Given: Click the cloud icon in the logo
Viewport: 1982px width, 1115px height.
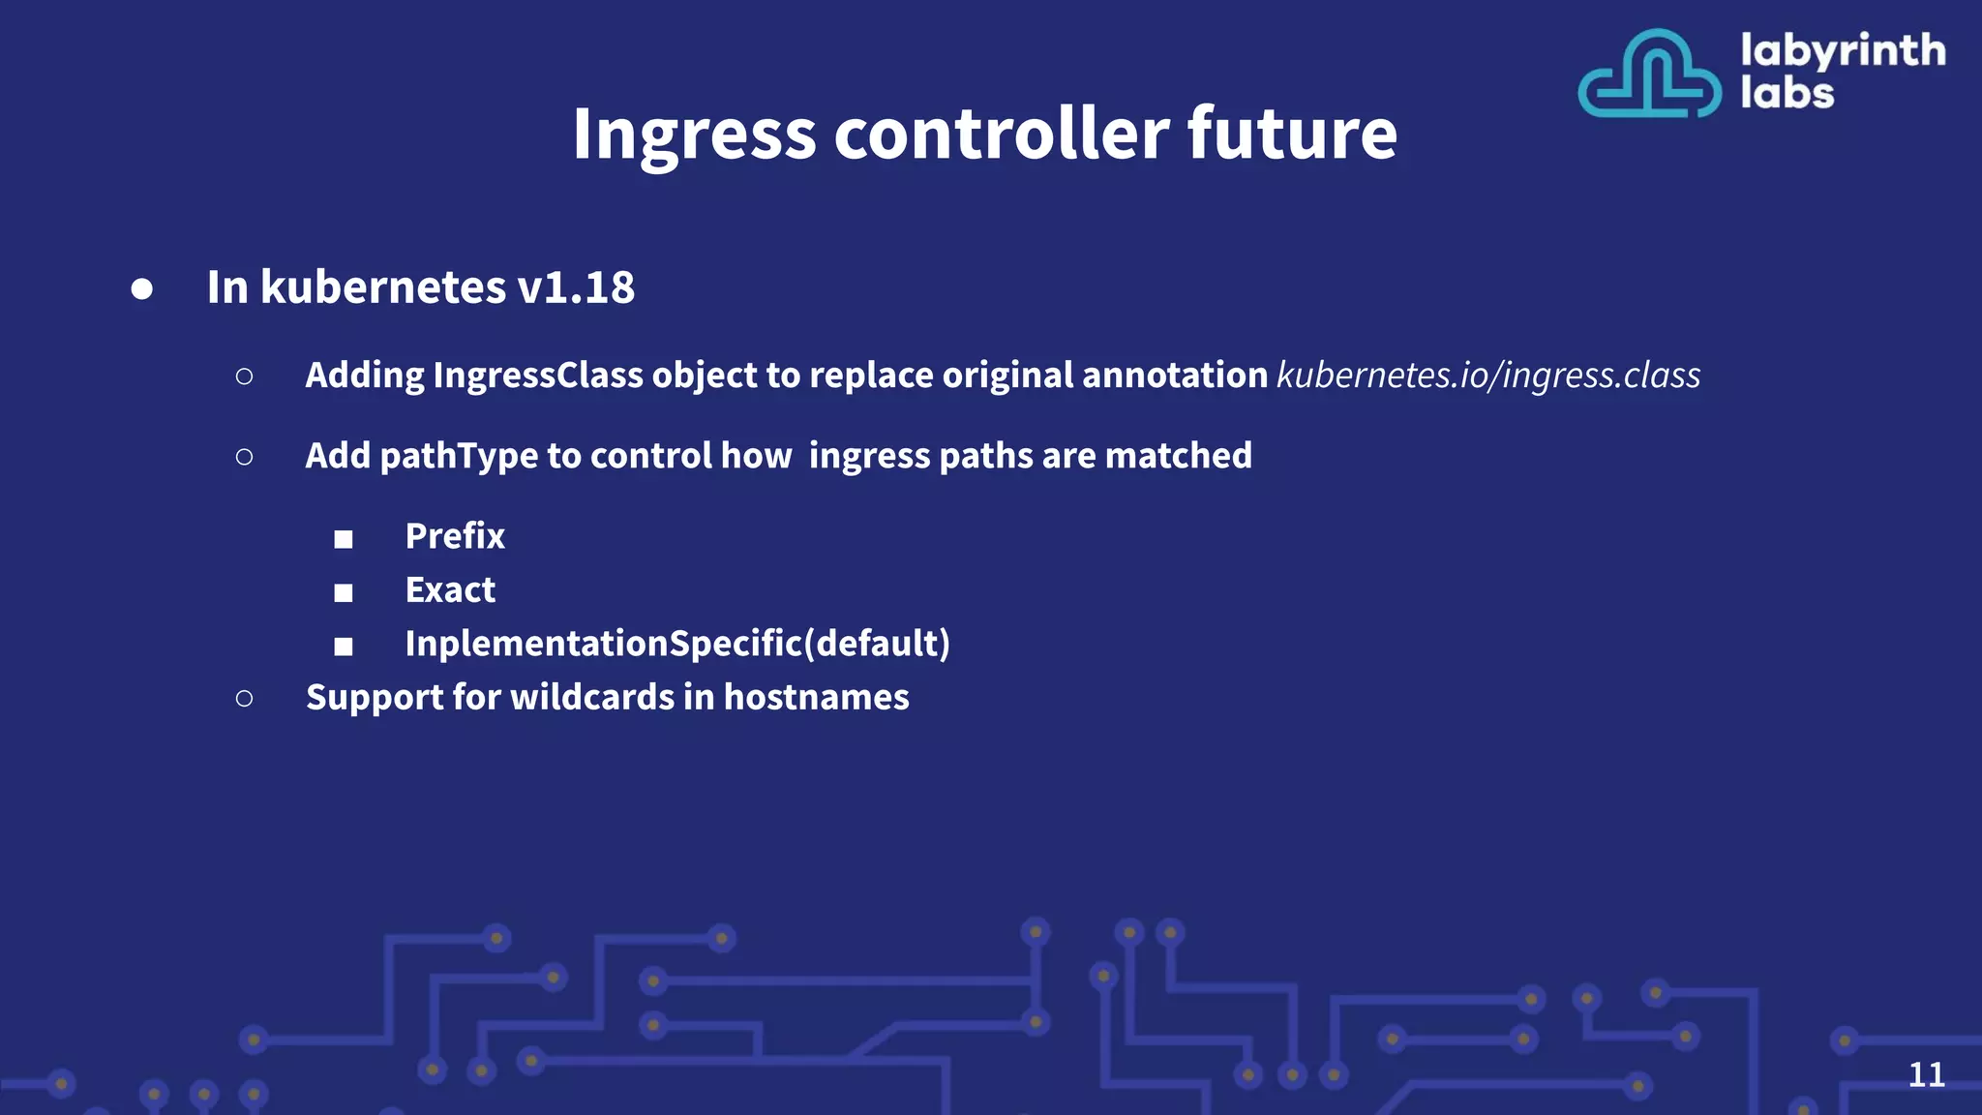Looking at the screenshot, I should click(1649, 75).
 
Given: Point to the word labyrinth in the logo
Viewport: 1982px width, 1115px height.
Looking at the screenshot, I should click(1843, 50).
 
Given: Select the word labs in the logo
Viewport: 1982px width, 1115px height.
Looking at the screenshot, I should click(1787, 94).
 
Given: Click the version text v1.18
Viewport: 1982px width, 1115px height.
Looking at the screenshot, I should click(576, 287).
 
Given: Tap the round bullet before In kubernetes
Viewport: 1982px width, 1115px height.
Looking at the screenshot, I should click(142, 289).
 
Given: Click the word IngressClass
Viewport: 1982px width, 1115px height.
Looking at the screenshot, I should click(537, 376).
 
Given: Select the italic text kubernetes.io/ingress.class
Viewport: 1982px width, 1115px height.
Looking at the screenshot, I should click(1488, 376).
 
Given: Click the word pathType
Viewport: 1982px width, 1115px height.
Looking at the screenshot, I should click(459, 456).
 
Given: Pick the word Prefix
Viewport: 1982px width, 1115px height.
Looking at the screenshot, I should click(455, 536).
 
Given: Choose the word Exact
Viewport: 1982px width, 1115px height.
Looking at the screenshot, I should click(450, 590).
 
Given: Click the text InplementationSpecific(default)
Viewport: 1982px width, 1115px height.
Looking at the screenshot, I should click(677, 644).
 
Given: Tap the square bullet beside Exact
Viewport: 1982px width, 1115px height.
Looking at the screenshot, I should click(344, 592).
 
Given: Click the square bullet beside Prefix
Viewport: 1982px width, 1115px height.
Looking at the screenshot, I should click(344, 539).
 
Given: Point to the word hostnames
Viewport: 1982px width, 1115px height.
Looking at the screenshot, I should click(816, 698).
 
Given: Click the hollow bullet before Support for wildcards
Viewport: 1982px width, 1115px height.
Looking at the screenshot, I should click(244, 698).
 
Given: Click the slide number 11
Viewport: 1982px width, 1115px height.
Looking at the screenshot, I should click(1926, 1074).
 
